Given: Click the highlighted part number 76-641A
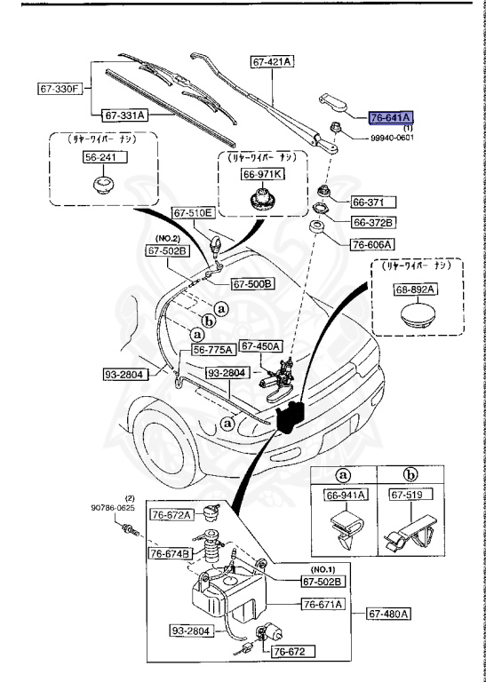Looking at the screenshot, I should pos(392,116).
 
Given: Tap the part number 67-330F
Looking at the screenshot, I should pos(60,89).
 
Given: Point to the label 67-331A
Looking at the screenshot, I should pos(125,115).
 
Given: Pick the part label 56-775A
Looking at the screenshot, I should pos(216,349).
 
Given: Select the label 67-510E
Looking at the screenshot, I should pos(193,213).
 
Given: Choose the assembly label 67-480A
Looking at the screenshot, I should pos(392,613).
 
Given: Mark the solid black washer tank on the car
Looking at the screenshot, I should pos(290,417).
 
